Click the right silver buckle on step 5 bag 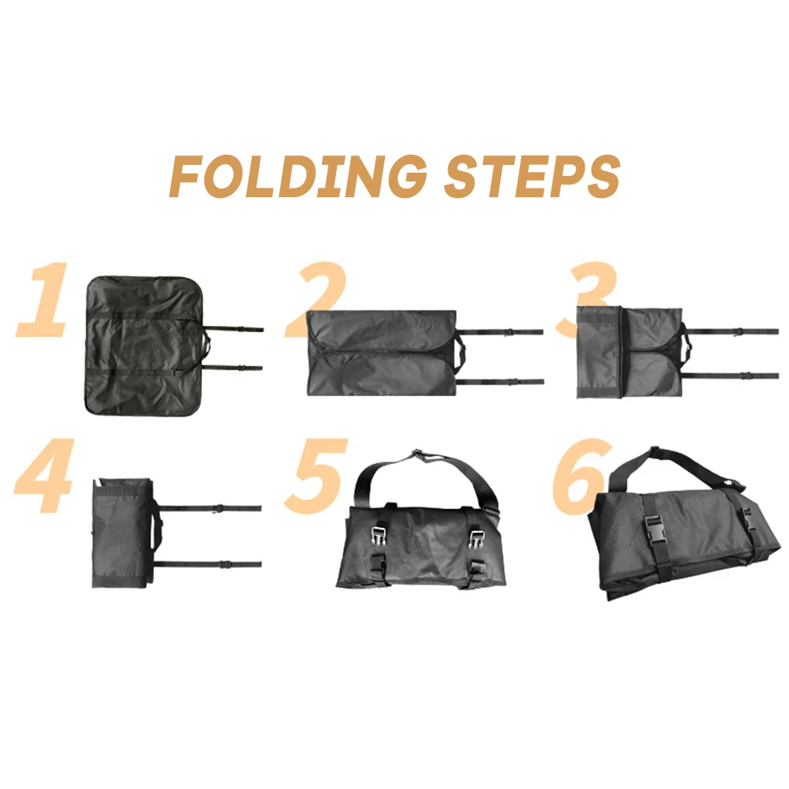477,539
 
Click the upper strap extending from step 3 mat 734,332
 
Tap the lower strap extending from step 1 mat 237,368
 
